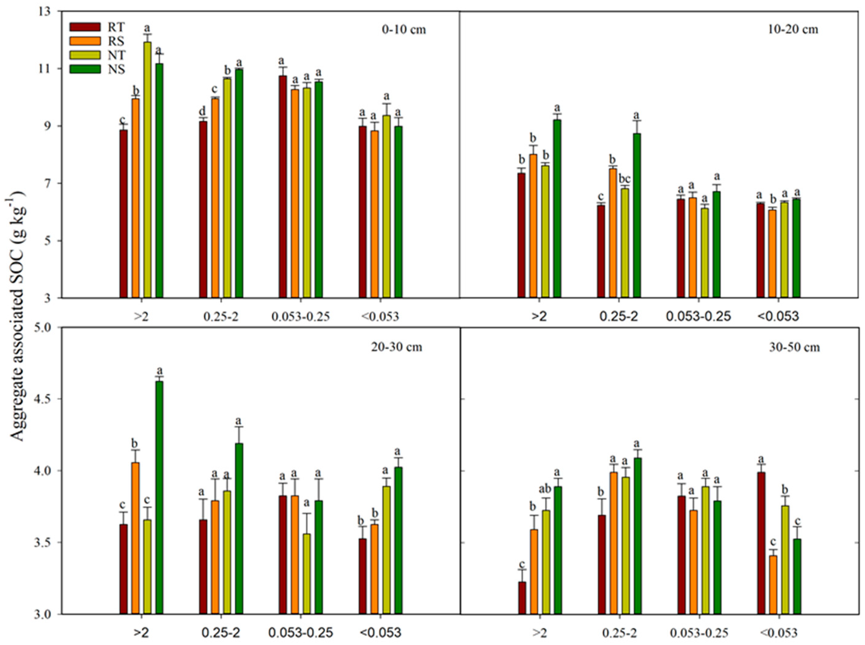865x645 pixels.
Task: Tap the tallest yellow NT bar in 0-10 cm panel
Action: coord(147,168)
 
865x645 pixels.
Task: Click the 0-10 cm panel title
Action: coord(404,29)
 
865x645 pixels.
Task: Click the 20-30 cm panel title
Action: coord(397,347)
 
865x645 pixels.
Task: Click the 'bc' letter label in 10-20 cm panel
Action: coord(625,179)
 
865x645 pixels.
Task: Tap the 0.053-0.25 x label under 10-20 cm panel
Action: coord(698,317)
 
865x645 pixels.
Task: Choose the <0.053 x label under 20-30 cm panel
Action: coord(381,632)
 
